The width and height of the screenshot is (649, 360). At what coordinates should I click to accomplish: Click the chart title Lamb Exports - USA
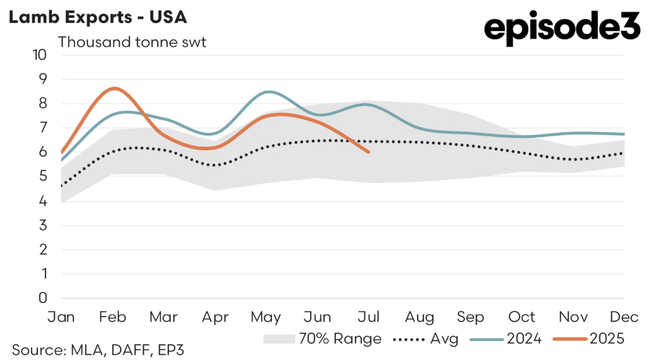[x=97, y=17]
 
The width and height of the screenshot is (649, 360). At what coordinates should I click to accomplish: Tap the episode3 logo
[x=562, y=29]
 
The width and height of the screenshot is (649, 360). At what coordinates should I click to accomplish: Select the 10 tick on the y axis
[x=39, y=55]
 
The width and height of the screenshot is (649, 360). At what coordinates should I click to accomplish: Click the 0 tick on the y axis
[x=42, y=298]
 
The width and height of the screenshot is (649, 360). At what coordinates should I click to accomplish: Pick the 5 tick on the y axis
[x=42, y=176]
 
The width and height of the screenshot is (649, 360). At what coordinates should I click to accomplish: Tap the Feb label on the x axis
[x=113, y=316]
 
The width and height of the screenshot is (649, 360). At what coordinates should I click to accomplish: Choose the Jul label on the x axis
[x=369, y=316]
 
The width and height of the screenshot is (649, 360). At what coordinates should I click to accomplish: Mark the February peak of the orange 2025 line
[x=113, y=88]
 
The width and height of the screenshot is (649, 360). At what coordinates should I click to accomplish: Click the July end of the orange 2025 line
[x=369, y=152]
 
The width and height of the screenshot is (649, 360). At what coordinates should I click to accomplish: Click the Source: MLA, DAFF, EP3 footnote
[x=97, y=349]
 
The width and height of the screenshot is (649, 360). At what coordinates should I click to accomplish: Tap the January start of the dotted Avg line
[x=61, y=186]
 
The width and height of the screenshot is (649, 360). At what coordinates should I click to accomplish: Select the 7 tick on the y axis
[x=42, y=127]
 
